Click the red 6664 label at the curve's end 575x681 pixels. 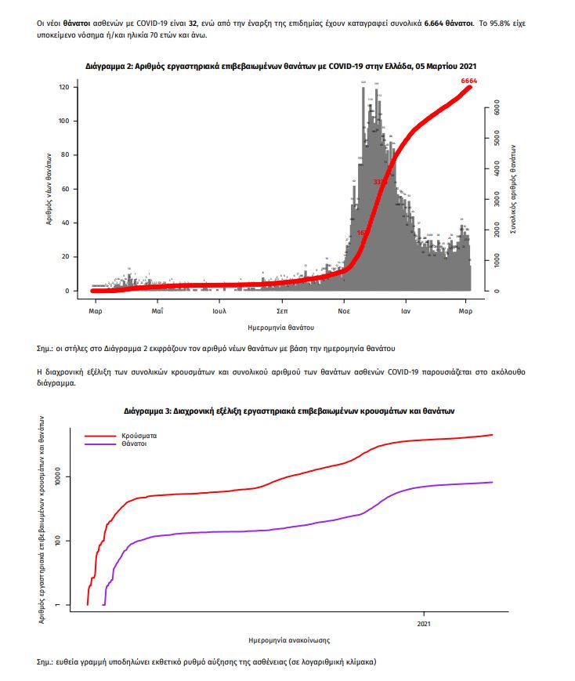(468, 81)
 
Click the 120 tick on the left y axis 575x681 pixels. (64, 87)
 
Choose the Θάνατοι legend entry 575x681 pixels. (134, 444)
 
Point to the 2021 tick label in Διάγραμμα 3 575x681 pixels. (424, 624)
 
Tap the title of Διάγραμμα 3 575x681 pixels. (289, 411)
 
